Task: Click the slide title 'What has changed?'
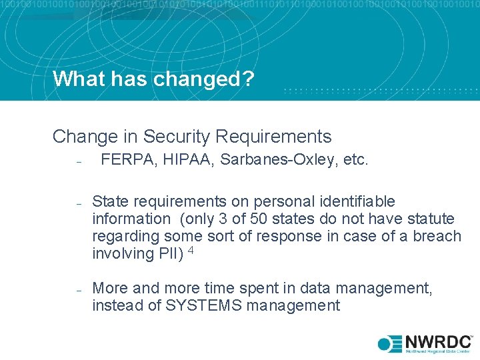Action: [153, 79]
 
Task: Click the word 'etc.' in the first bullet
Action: [353, 161]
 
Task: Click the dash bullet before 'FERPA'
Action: [78, 162]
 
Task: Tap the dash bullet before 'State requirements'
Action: [78, 203]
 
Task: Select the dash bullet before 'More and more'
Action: [78, 289]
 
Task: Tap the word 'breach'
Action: [437, 236]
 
